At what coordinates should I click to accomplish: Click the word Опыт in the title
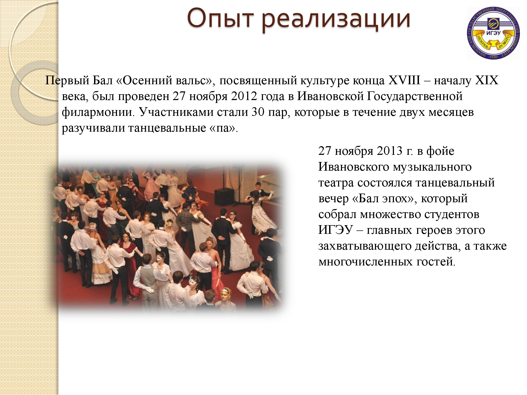tap(220, 19)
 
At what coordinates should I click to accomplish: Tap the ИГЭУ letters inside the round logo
tap(493, 33)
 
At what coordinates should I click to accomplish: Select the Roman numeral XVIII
tap(404, 80)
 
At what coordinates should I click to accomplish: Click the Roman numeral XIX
tap(487, 80)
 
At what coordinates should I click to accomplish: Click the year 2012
tap(244, 96)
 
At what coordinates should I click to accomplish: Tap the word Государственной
tap(415, 96)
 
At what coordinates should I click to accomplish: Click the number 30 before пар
tap(258, 112)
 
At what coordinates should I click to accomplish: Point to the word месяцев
tap(451, 112)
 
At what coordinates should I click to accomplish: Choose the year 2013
tap(390, 151)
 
